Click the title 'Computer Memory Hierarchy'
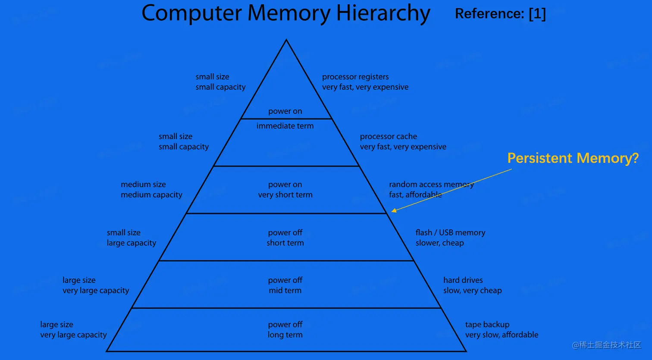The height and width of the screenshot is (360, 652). pos(285,13)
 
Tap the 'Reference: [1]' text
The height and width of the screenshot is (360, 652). pos(500,14)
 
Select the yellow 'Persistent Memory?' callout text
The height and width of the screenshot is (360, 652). pos(573,158)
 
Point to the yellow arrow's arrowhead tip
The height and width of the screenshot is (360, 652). pos(392,211)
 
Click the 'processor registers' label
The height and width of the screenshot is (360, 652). pos(355,77)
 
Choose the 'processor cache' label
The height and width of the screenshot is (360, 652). pos(389,136)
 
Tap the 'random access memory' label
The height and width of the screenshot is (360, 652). pos(431,185)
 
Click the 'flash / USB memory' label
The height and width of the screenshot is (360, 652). pos(450,233)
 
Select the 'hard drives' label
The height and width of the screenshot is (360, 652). pos(463,280)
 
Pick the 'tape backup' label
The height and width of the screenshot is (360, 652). pos(487,325)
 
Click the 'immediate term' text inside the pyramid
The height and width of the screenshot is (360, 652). pos(285,126)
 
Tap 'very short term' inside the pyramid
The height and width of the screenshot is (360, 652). pos(285,195)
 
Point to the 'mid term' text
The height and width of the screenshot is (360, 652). pos(285,291)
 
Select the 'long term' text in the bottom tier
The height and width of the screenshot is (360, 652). pos(285,335)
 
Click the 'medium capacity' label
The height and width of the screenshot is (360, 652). pos(151,195)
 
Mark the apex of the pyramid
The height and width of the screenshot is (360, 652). pos(286,40)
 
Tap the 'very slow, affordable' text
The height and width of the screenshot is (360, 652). pos(502,335)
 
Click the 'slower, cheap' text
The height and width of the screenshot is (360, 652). pos(439,243)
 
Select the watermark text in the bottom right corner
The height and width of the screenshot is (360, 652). pos(606,345)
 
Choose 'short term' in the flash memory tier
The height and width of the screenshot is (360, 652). pos(285,243)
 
